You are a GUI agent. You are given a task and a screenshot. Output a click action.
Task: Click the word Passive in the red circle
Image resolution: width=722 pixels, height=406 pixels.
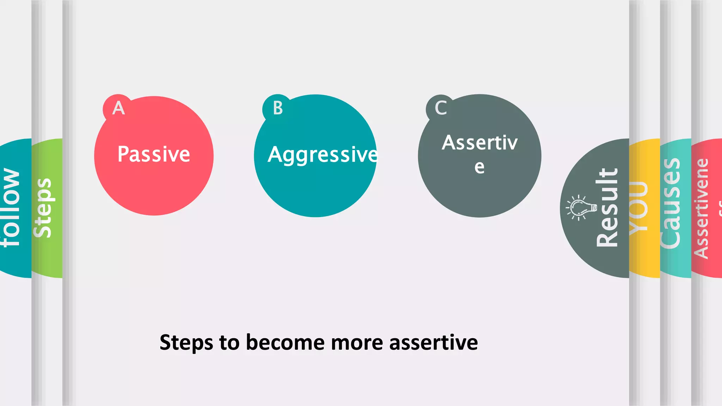coord(154,154)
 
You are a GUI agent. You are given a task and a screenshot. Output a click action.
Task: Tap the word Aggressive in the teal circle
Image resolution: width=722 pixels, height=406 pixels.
coord(322,155)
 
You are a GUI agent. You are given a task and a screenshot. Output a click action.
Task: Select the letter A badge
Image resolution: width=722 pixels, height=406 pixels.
coord(118,108)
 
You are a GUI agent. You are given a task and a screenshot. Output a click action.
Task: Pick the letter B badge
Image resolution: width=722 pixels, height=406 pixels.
coord(278,108)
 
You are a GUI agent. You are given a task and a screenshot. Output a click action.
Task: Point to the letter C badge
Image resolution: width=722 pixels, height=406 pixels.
coord(441,108)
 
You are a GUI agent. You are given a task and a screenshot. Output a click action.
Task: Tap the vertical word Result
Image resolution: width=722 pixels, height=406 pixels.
coord(607,208)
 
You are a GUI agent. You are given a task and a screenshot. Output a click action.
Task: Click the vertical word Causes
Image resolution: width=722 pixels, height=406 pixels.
coord(670,204)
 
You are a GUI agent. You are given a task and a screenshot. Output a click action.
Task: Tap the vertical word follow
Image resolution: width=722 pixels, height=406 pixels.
coord(11,208)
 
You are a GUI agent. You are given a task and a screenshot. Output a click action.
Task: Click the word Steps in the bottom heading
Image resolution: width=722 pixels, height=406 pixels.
coord(186,343)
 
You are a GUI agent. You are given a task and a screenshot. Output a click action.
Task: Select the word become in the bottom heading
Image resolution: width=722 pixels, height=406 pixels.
coord(285,342)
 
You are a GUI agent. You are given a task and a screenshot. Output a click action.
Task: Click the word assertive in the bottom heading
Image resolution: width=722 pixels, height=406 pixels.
coord(433,343)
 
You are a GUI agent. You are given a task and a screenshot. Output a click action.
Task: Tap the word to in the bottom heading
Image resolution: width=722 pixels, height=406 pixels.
coord(229,343)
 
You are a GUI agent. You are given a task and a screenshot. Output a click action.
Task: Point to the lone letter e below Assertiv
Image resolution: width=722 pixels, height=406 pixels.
coord(479,167)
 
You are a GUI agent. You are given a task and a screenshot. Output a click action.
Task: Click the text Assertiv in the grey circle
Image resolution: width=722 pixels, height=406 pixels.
coord(479,143)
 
